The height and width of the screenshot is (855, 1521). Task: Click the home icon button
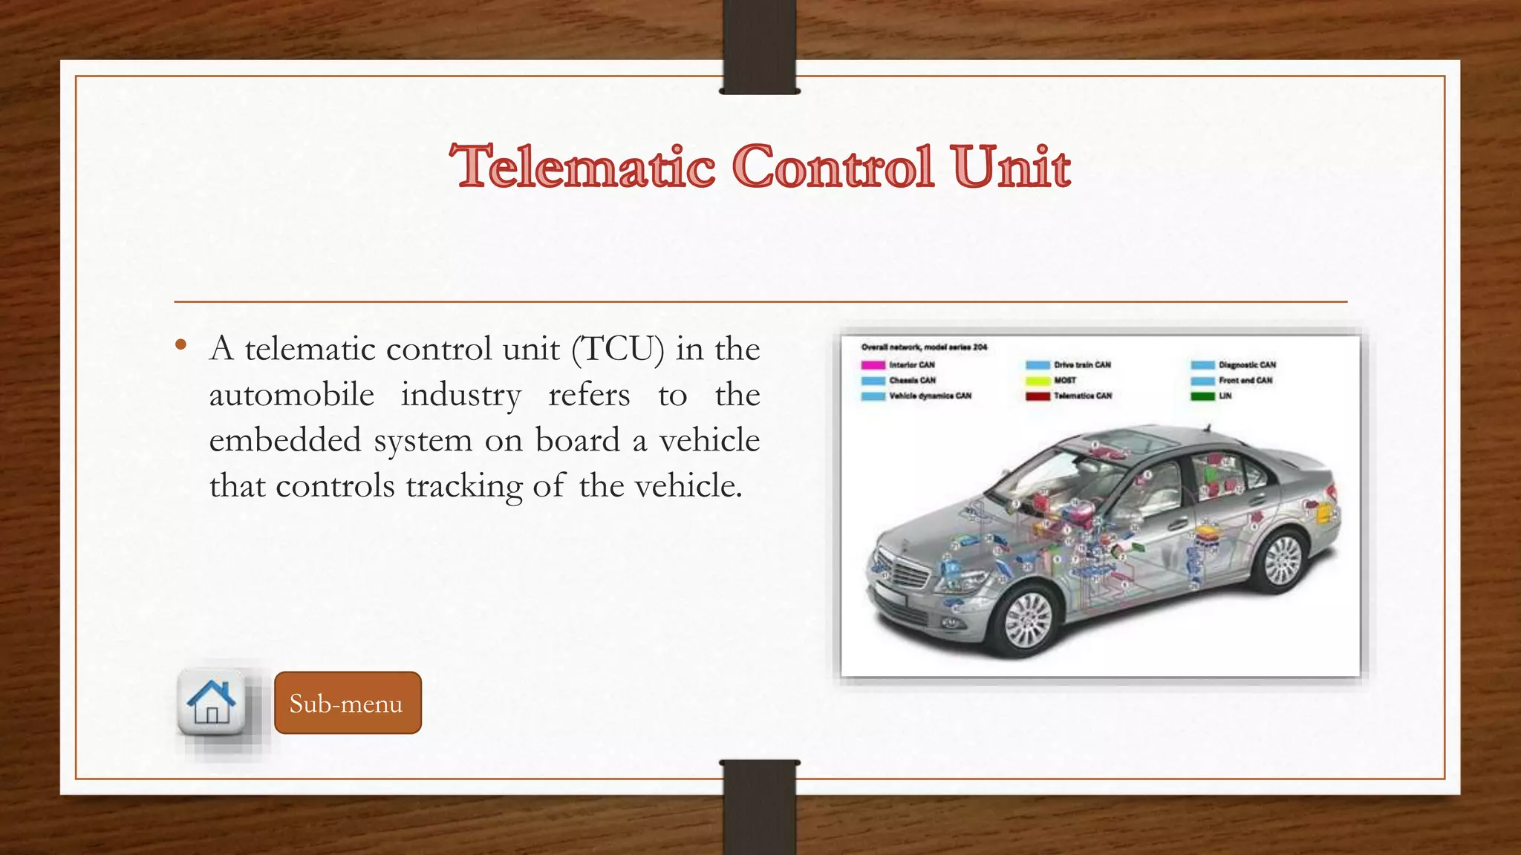click(212, 702)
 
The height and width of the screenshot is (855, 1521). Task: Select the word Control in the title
click(833, 166)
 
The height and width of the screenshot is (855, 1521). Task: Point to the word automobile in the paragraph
click(291, 395)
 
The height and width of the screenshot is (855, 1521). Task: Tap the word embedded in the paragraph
click(285, 440)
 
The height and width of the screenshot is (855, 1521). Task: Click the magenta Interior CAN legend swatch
click(873, 365)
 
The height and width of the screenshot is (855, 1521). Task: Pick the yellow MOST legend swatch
click(1038, 381)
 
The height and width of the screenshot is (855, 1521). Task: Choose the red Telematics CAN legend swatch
click(1038, 396)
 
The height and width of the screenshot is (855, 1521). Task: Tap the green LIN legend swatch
click(1202, 396)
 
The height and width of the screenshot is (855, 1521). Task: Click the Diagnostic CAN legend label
click(1247, 365)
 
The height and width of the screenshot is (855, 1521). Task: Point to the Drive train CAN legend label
click(1082, 365)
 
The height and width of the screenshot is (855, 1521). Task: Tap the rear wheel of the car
click(1283, 559)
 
